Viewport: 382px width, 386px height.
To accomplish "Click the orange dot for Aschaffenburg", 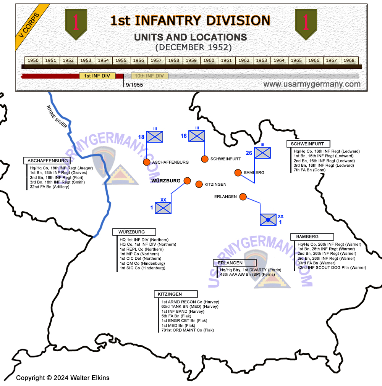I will pyautogui.click(x=147, y=162).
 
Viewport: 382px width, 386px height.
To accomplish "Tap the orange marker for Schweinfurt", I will pyautogui.click(x=205, y=159).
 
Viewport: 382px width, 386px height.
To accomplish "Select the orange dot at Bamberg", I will pyautogui.click(x=238, y=173).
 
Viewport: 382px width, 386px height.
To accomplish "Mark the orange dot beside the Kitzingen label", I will pyautogui.click(x=199, y=184).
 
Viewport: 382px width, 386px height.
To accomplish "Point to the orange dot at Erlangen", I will pyautogui.click(x=243, y=197).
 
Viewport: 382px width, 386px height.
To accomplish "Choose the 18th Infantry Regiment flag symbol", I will pyautogui.click(x=155, y=137).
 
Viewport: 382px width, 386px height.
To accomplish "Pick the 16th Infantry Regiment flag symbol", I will pyautogui.click(x=197, y=136).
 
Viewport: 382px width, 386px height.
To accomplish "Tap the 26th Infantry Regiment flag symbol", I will pyautogui.click(x=262, y=153).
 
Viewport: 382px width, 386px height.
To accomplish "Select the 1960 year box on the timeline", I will pyautogui.click(x=209, y=60).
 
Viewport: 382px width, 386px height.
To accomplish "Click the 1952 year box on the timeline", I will pyautogui.click(x=68, y=60).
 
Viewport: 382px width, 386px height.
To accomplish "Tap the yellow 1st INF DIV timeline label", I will pyautogui.click(x=97, y=76).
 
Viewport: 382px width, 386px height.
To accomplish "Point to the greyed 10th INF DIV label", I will pyautogui.click(x=149, y=76).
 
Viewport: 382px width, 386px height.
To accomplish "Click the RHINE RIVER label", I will pyautogui.click(x=57, y=116).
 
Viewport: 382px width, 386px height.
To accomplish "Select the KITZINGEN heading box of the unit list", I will pyautogui.click(x=176, y=294).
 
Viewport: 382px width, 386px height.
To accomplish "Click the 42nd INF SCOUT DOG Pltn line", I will pyautogui.click(x=332, y=268).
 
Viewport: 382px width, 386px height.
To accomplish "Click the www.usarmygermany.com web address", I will pyautogui.click(x=312, y=84).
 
